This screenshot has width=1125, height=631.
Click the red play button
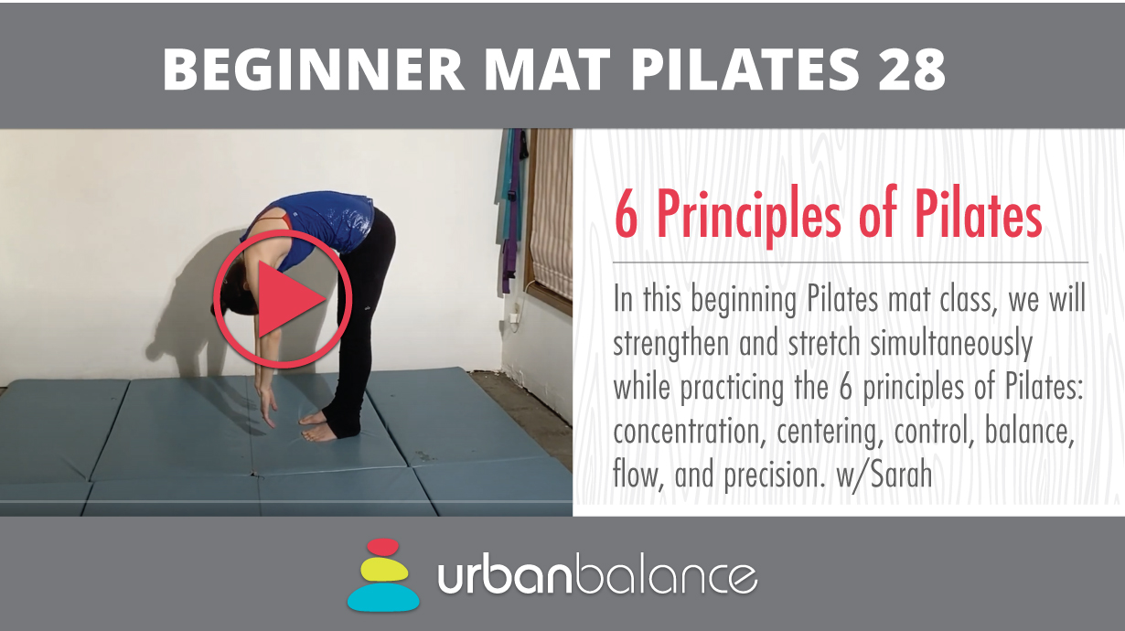pos(283,299)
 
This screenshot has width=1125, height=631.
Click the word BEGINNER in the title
pos(313,70)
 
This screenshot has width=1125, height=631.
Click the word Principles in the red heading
pos(749,218)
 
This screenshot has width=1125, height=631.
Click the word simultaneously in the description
pos(950,343)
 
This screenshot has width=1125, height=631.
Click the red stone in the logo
pos(382,547)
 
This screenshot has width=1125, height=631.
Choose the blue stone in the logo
pos(383,597)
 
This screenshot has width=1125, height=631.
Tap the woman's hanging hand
pos(266,407)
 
